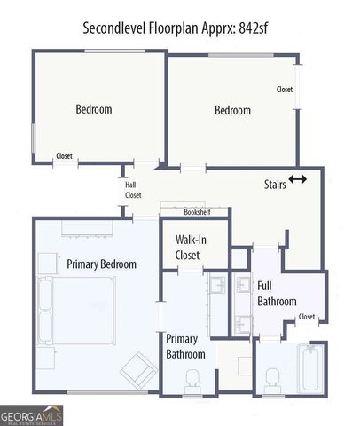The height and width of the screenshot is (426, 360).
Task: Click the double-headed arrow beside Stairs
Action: coord(298,179)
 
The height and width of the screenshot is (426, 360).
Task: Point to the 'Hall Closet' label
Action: coord(133,190)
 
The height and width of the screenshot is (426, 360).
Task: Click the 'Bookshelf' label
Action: coord(197,213)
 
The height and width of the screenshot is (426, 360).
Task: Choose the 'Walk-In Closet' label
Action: coord(192,248)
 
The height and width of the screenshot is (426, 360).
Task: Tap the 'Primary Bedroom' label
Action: coord(101,264)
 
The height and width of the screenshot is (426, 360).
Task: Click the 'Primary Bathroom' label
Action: coord(185,346)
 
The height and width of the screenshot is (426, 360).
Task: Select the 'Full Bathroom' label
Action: coord(276,294)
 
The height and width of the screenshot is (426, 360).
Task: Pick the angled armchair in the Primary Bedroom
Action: coord(136,367)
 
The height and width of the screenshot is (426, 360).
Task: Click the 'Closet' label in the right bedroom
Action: coord(284,90)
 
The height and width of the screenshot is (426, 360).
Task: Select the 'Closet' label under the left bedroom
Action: coord(64,156)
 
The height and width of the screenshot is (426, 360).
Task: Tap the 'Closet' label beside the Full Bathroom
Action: coord(306,317)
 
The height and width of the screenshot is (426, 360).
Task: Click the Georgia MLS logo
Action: coord(30,414)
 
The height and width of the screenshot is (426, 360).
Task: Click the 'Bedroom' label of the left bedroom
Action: coord(93,109)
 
